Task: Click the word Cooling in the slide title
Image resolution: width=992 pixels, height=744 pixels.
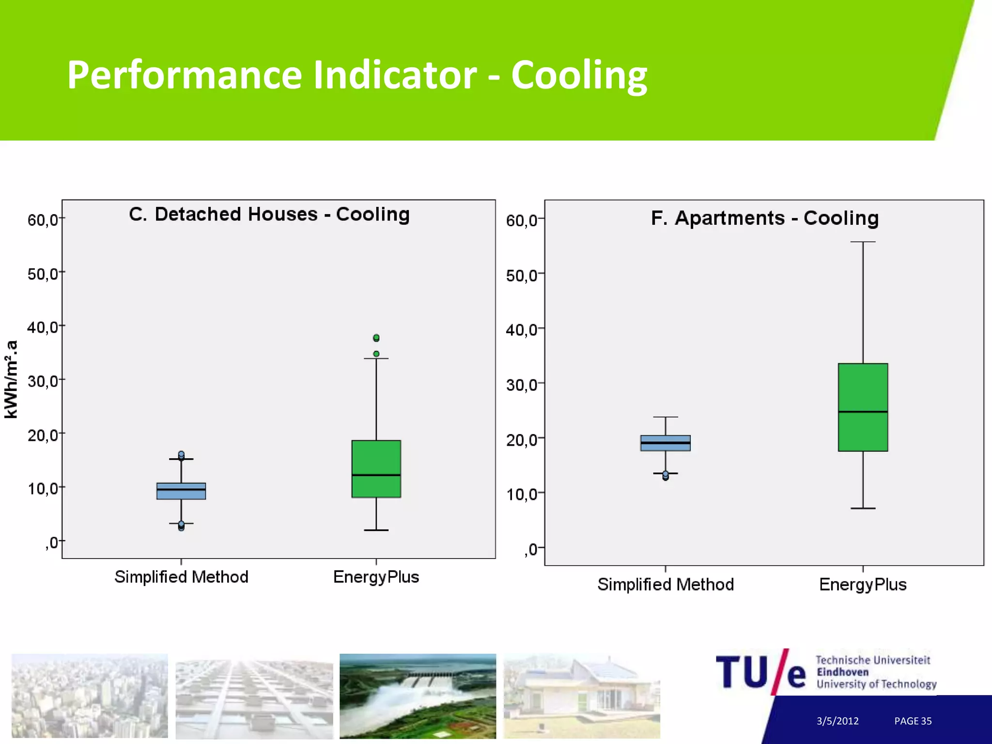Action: (579, 75)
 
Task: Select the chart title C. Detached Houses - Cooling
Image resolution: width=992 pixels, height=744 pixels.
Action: (269, 214)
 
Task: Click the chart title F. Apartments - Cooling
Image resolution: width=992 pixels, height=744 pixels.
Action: (764, 218)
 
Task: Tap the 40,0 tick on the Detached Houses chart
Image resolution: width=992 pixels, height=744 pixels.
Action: (43, 327)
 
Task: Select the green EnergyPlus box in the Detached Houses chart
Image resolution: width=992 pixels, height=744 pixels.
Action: (376, 468)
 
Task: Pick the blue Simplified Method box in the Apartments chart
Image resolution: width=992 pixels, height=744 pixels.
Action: (665, 443)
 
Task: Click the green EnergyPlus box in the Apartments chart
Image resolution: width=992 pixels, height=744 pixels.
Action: (863, 407)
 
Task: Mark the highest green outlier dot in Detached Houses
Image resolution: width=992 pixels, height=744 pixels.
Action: (376, 338)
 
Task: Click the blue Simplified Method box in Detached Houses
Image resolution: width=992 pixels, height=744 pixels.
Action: (181, 491)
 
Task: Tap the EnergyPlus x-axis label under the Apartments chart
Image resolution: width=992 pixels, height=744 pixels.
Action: (863, 585)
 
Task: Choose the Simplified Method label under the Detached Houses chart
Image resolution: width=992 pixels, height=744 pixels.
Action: (181, 577)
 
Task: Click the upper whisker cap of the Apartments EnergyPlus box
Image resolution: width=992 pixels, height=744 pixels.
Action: (863, 242)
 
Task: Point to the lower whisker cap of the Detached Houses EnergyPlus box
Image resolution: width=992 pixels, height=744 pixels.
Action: (376, 530)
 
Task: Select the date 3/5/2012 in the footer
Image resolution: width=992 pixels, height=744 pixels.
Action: (837, 721)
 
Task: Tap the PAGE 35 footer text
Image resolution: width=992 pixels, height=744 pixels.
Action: (913, 721)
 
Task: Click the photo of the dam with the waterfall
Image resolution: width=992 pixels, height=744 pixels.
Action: (418, 696)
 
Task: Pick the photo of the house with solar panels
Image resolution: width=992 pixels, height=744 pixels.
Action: (581, 696)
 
